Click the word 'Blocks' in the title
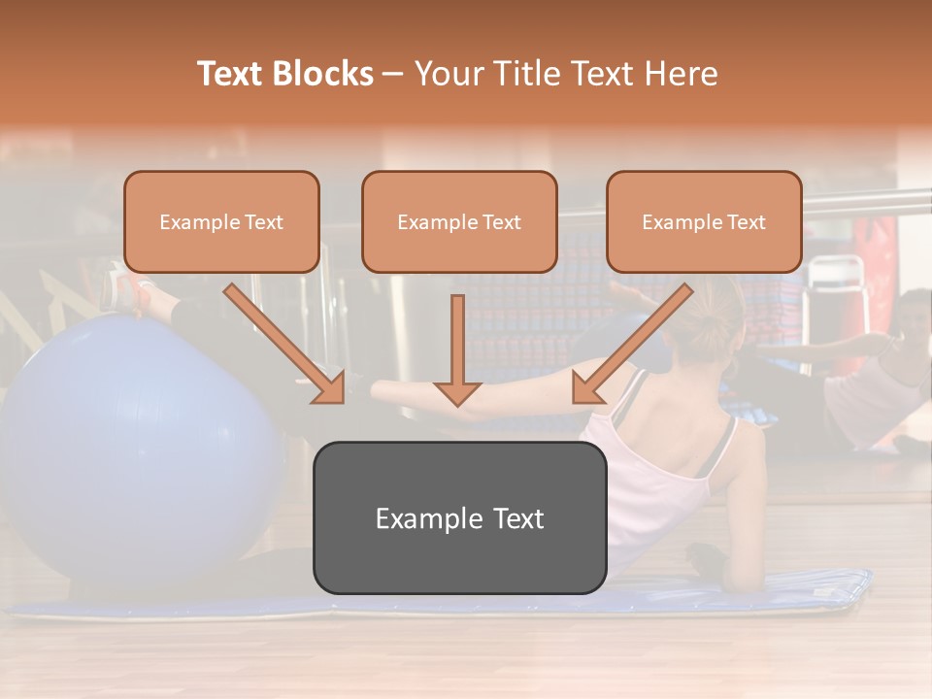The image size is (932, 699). coord(324,74)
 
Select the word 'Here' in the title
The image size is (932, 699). coord(683,74)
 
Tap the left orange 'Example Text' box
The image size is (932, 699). coord(221,222)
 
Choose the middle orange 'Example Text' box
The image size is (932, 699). coord(459,222)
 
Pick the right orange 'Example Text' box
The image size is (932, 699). coord(704,222)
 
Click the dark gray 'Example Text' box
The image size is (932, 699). coord(459,518)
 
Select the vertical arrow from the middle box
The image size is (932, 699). coord(457,349)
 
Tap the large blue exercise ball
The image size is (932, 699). coord(136,447)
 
